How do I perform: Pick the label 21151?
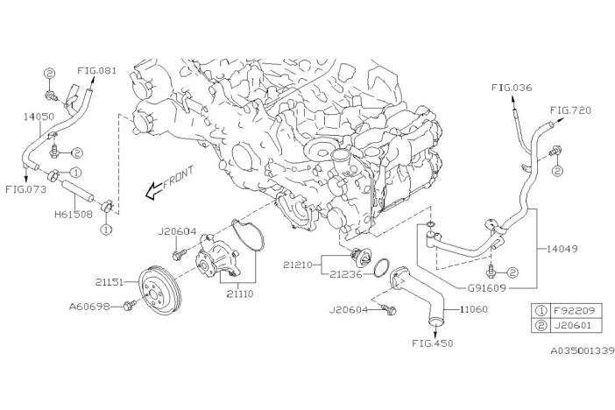pyautogui.click(x=113, y=282)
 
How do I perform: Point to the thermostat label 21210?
pyautogui.click(x=300, y=260)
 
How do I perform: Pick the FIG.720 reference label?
pyautogui.click(x=569, y=111)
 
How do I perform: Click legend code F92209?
pyautogui.click(x=576, y=309)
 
